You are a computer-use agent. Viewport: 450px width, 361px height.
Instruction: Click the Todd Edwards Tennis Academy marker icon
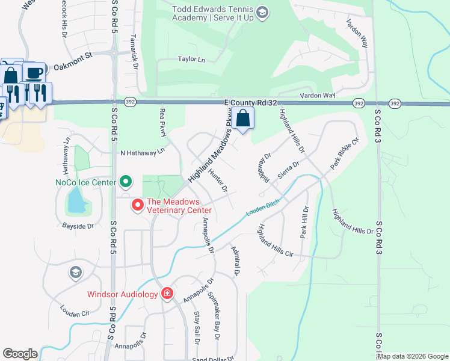[x=262, y=12]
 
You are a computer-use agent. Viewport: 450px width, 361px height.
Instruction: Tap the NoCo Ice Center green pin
[x=126, y=181]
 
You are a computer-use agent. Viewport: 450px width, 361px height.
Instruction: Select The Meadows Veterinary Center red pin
[x=137, y=206]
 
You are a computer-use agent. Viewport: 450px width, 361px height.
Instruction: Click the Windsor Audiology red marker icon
[x=167, y=294]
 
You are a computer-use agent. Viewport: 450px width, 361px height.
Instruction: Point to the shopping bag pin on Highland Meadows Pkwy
[x=243, y=118]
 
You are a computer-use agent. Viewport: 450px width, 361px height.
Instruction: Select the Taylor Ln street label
[x=191, y=60]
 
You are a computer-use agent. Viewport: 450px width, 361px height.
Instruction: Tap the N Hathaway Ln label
[x=143, y=152]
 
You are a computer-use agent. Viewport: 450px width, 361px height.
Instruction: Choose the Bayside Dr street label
[x=78, y=226]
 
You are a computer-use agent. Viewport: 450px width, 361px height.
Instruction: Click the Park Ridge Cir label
[x=344, y=153]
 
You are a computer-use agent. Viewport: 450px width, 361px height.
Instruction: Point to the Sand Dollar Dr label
[x=213, y=359]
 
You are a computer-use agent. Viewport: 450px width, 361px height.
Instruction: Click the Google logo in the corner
[x=20, y=354]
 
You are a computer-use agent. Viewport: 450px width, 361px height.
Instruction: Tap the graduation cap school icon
[x=75, y=272]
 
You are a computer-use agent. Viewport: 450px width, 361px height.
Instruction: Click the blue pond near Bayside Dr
[x=76, y=201]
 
